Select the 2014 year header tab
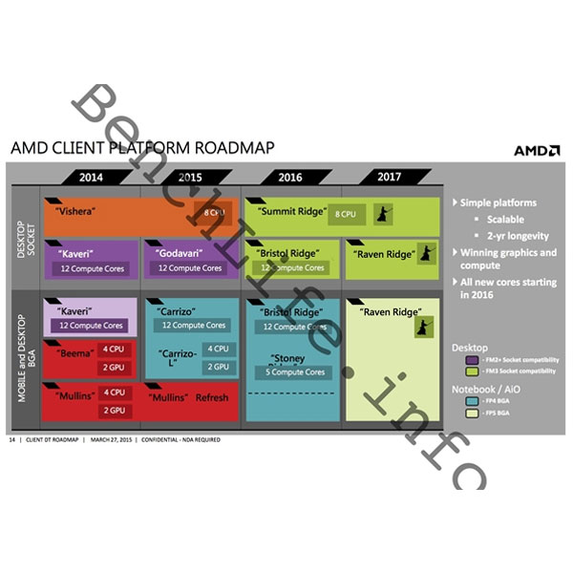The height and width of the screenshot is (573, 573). [92, 177]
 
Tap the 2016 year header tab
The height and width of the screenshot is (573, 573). [290, 177]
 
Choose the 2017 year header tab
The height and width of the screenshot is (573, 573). [389, 177]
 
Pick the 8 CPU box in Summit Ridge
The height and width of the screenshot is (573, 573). [346, 215]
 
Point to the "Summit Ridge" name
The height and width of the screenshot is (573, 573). [287, 210]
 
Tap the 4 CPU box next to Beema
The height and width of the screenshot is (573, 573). [115, 349]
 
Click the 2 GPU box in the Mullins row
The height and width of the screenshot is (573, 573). [115, 410]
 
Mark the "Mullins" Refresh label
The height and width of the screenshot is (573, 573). [189, 395]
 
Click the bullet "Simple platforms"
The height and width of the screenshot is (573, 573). [498, 202]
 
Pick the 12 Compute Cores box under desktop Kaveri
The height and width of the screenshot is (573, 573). [92, 268]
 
